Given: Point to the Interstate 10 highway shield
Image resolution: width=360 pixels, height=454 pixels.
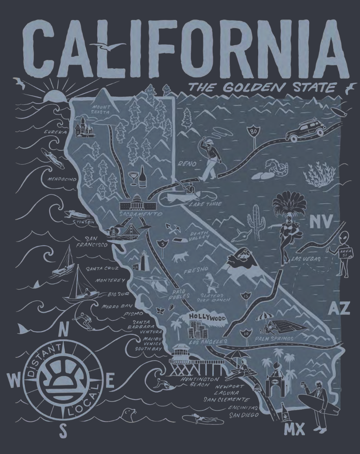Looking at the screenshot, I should [x=247, y=333].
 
